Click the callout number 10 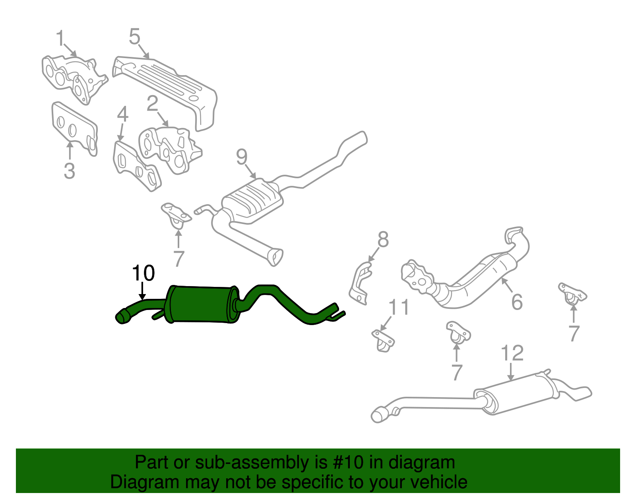pyautogui.click(x=143, y=273)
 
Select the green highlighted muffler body pyautogui.click(x=202, y=304)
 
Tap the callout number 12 pyautogui.click(x=512, y=353)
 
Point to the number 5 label pyautogui.click(x=135, y=37)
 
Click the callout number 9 pyautogui.click(x=242, y=157)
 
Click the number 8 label pyautogui.click(x=383, y=239)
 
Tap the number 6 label pyautogui.click(x=517, y=302)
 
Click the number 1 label pyautogui.click(x=60, y=38)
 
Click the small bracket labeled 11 pyautogui.click(x=383, y=341)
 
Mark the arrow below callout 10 pyautogui.click(x=143, y=291)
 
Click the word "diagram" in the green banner pyautogui.click(x=421, y=463)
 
